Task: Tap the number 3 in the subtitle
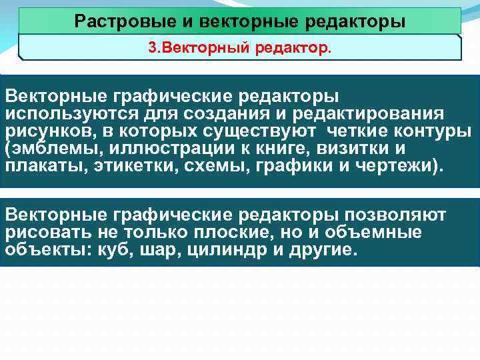click(x=151, y=49)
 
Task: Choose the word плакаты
click(x=42, y=164)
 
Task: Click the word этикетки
click(x=133, y=164)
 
